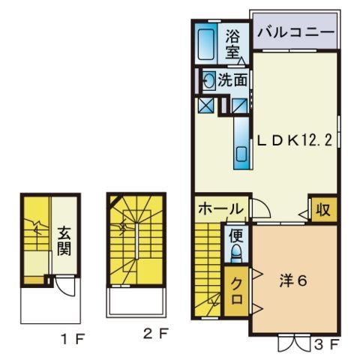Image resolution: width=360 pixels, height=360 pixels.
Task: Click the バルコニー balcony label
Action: point(293,33)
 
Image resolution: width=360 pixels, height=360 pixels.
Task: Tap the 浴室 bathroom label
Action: point(232,42)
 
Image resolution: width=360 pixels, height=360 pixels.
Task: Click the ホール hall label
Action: point(220,209)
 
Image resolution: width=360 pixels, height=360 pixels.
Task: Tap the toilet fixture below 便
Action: point(235,255)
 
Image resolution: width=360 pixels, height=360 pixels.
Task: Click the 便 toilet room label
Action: point(235,235)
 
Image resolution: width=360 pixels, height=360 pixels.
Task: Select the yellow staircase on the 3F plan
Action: point(209,270)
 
